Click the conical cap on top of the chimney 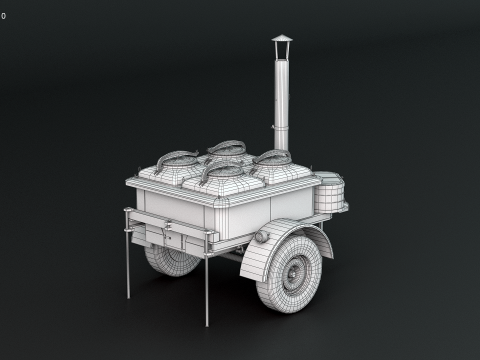pyautogui.click(x=282, y=40)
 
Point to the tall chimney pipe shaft pyautogui.click(x=282, y=95)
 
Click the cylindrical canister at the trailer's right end pyautogui.click(x=329, y=191)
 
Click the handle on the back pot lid pyautogui.click(x=228, y=147)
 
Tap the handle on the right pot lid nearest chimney pyautogui.click(x=270, y=156)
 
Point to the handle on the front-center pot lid pyautogui.click(x=222, y=169)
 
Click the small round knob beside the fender pyautogui.click(x=262, y=237)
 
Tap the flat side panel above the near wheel pyautogui.click(x=290, y=204)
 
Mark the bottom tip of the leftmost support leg pyautogui.click(x=128, y=297)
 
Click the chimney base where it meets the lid pyautogui.click(x=282, y=148)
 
